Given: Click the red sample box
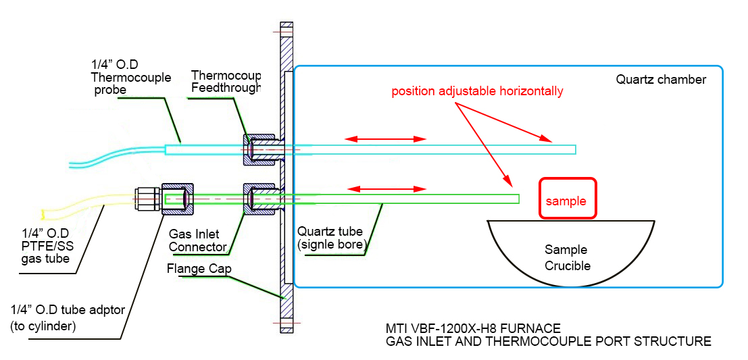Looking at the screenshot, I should click(568, 198).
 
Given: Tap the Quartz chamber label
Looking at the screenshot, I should click(661, 80).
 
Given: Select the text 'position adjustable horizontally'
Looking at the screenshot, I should click(477, 91).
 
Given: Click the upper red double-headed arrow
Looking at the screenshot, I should click(386, 139).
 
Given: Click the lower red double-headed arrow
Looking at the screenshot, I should click(386, 188).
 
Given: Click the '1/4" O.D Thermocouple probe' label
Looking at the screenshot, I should click(130, 77).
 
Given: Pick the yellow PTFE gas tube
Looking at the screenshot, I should click(88, 206).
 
